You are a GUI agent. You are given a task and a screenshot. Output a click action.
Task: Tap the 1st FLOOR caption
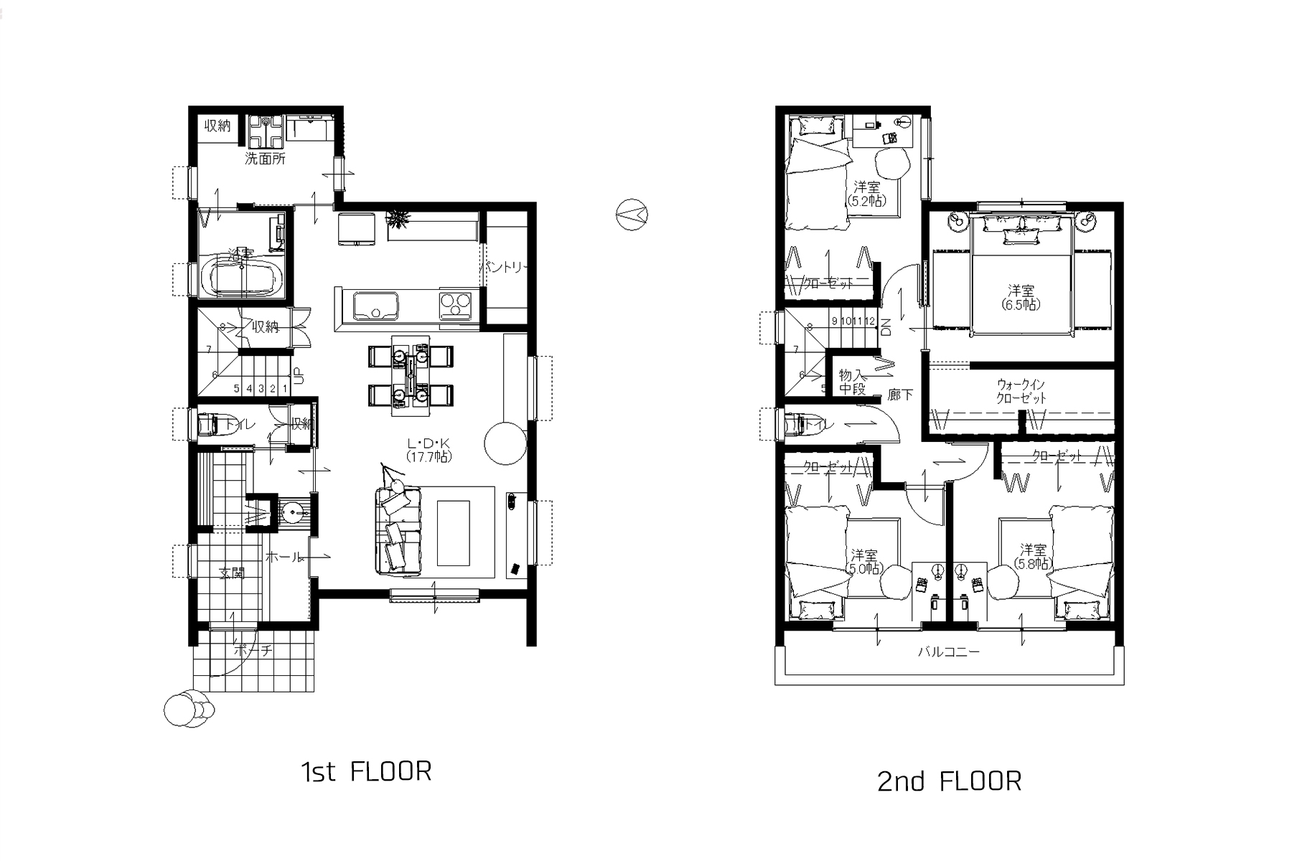pyautogui.click(x=366, y=772)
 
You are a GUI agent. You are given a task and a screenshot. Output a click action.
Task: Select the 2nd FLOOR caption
pyautogui.click(x=949, y=781)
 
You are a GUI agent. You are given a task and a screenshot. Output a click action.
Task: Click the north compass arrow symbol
pyautogui.click(x=632, y=214)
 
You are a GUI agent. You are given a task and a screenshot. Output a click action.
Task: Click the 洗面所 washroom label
pyautogui.click(x=265, y=159)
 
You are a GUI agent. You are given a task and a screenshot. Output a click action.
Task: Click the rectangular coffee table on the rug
pyautogui.click(x=453, y=533)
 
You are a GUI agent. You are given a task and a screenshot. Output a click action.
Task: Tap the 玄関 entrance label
pyautogui.click(x=231, y=573)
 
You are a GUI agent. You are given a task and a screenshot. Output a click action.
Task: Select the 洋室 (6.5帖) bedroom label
pyautogui.click(x=1021, y=297)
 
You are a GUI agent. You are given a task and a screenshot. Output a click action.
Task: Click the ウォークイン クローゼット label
pyautogui.click(x=1021, y=391)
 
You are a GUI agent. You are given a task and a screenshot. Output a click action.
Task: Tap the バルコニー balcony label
pyautogui.click(x=948, y=652)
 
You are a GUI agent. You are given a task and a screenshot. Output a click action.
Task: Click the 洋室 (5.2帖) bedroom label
pyautogui.click(x=866, y=194)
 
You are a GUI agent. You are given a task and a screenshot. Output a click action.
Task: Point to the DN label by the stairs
pyautogui.click(x=886, y=327)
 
